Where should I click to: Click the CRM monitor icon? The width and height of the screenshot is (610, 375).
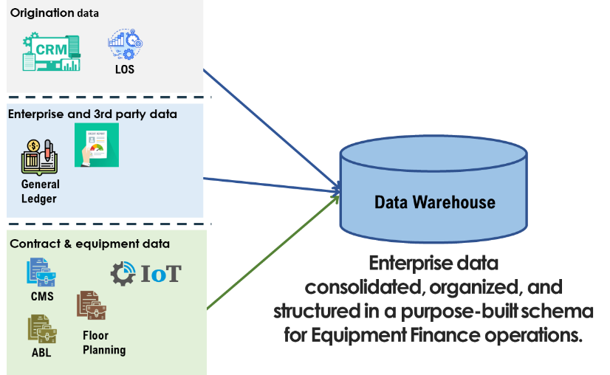click(52, 52)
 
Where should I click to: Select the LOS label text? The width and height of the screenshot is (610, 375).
click(125, 69)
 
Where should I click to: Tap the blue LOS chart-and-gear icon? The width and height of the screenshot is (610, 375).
click(126, 44)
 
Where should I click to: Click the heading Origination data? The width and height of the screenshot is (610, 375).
click(55, 13)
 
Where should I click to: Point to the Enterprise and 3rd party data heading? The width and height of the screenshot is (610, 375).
click(92, 114)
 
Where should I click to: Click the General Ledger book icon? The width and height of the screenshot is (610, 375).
click(39, 157)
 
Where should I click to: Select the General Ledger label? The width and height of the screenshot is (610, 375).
click(41, 191)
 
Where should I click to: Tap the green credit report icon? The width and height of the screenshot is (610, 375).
click(97, 145)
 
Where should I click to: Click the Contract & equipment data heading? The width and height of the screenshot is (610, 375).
click(90, 244)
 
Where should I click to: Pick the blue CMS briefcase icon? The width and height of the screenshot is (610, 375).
click(41, 272)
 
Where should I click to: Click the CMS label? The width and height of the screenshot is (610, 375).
click(42, 297)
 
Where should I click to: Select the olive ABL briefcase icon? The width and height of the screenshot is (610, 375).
click(42, 329)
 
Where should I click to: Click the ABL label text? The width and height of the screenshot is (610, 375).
click(41, 352)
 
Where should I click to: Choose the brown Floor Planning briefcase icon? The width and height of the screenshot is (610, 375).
click(92, 306)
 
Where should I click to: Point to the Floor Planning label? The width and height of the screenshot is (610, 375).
click(104, 343)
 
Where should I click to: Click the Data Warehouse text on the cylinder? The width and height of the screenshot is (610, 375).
click(435, 202)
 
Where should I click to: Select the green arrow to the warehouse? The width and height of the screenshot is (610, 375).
click(273, 252)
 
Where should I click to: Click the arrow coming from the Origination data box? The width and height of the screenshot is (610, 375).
click(272, 130)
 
